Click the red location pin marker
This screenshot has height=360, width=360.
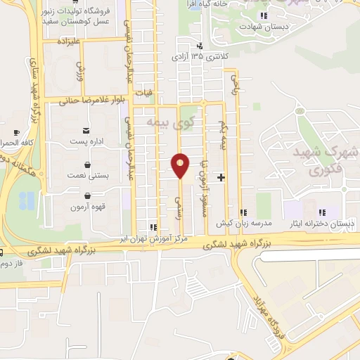(181, 165)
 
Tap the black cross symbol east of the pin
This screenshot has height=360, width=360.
(221, 177)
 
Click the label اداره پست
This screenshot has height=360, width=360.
(87, 141)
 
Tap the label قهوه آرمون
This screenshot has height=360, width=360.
(86, 207)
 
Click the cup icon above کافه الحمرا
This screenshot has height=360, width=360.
(17, 131)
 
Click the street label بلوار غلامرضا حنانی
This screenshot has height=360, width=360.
(91, 100)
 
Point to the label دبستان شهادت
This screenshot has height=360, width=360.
(266, 26)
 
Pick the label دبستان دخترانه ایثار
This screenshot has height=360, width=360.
(321, 223)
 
